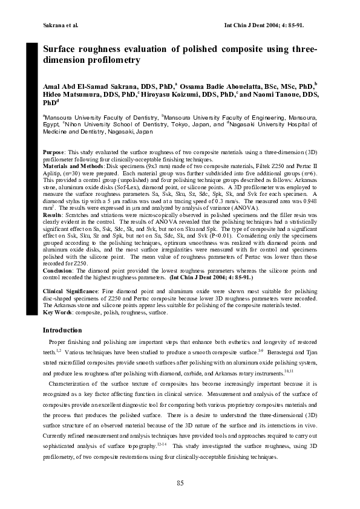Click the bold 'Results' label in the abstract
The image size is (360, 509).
pyautogui.click(x=54, y=214)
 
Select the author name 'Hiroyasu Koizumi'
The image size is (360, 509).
pyautogui.click(x=170, y=95)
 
